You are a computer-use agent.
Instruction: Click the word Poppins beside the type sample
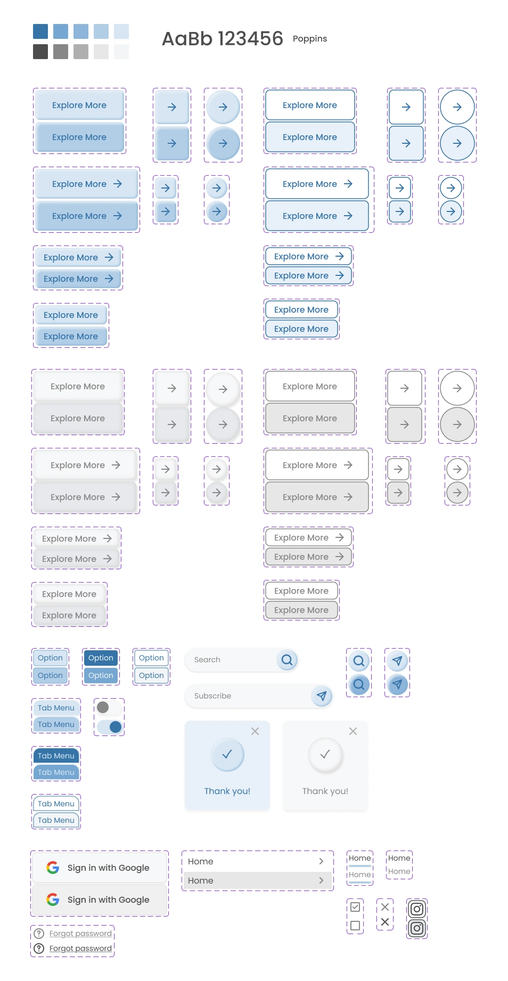coord(309,39)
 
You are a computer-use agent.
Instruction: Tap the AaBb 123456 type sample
coord(222,39)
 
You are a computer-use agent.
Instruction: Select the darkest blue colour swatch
coord(40,31)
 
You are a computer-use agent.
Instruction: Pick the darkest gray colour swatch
coord(40,52)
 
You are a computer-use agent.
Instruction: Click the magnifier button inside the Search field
coord(287,660)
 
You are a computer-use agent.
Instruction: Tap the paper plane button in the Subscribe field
coord(322,696)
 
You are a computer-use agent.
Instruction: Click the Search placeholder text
coord(207,660)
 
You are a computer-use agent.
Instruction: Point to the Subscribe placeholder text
coord(212,696)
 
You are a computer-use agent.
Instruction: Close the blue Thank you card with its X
coord(255,731)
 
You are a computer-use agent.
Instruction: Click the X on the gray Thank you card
coord(353,731)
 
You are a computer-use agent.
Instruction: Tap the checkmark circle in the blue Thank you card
coord(227,754)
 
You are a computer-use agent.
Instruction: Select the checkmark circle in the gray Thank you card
coord(325,754)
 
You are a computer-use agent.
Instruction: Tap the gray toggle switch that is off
coord(108,707)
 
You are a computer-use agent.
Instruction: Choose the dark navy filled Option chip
coord(101,658)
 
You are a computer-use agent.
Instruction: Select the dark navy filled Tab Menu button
coord(56,756)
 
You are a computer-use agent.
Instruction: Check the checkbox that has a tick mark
coord(355,907)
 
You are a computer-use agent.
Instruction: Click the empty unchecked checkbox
coord(355,926)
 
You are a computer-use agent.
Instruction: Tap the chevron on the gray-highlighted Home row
coord(321,880)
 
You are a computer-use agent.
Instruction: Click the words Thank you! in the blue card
coord(227,791)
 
